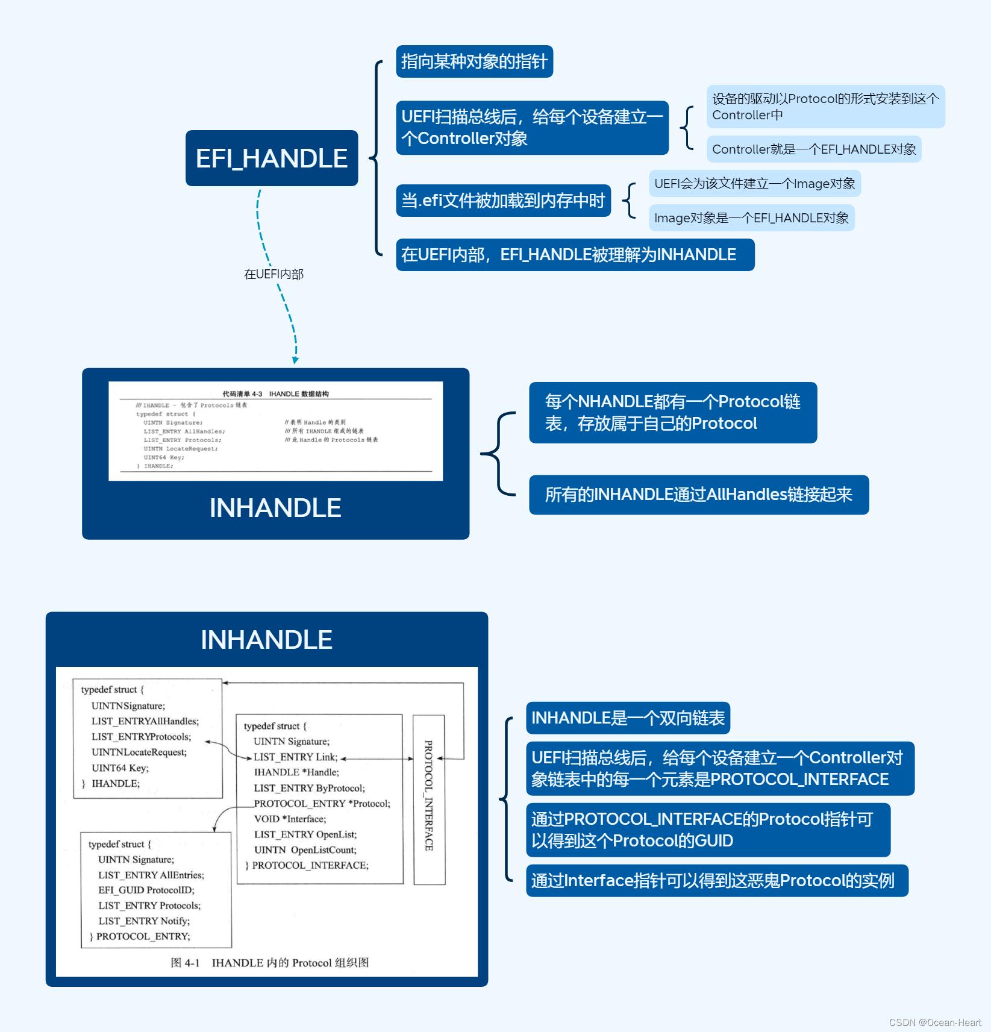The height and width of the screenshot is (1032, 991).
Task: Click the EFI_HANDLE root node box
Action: (272, 158)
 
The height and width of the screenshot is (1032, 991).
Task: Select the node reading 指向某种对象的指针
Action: (474, 61)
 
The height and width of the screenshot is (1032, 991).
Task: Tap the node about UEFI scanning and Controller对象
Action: (532, 128)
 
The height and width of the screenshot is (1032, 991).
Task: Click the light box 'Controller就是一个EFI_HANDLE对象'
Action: (814, 149)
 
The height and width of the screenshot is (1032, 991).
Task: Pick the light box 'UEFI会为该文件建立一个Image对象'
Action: (754, 184)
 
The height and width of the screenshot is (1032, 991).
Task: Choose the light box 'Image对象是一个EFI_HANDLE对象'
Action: (751, 218)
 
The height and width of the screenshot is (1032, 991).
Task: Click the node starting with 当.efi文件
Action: (503, 201)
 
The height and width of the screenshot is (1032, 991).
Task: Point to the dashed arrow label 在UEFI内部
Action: (274, 274)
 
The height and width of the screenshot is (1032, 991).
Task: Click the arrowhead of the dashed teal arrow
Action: (295, 360)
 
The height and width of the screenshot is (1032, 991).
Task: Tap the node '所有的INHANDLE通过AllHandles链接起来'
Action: (698, 495)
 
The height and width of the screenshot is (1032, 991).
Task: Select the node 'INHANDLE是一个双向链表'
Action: (628, 718)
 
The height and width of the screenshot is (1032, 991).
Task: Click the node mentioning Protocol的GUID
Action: (708, 830)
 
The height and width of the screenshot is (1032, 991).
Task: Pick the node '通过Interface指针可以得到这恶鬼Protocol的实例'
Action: (717, 881)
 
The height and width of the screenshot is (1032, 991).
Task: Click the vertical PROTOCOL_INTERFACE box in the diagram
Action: (429, 799)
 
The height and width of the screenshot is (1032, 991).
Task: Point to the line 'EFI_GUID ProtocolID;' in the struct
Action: (146, 890)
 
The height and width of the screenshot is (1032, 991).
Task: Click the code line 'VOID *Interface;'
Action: (290, 819)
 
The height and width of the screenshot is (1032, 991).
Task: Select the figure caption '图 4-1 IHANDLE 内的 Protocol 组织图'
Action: (269, 963)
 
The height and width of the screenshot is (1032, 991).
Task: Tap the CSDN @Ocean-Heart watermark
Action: (935, 1022)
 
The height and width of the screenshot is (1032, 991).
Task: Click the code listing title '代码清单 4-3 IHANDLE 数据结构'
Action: (275, 394)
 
